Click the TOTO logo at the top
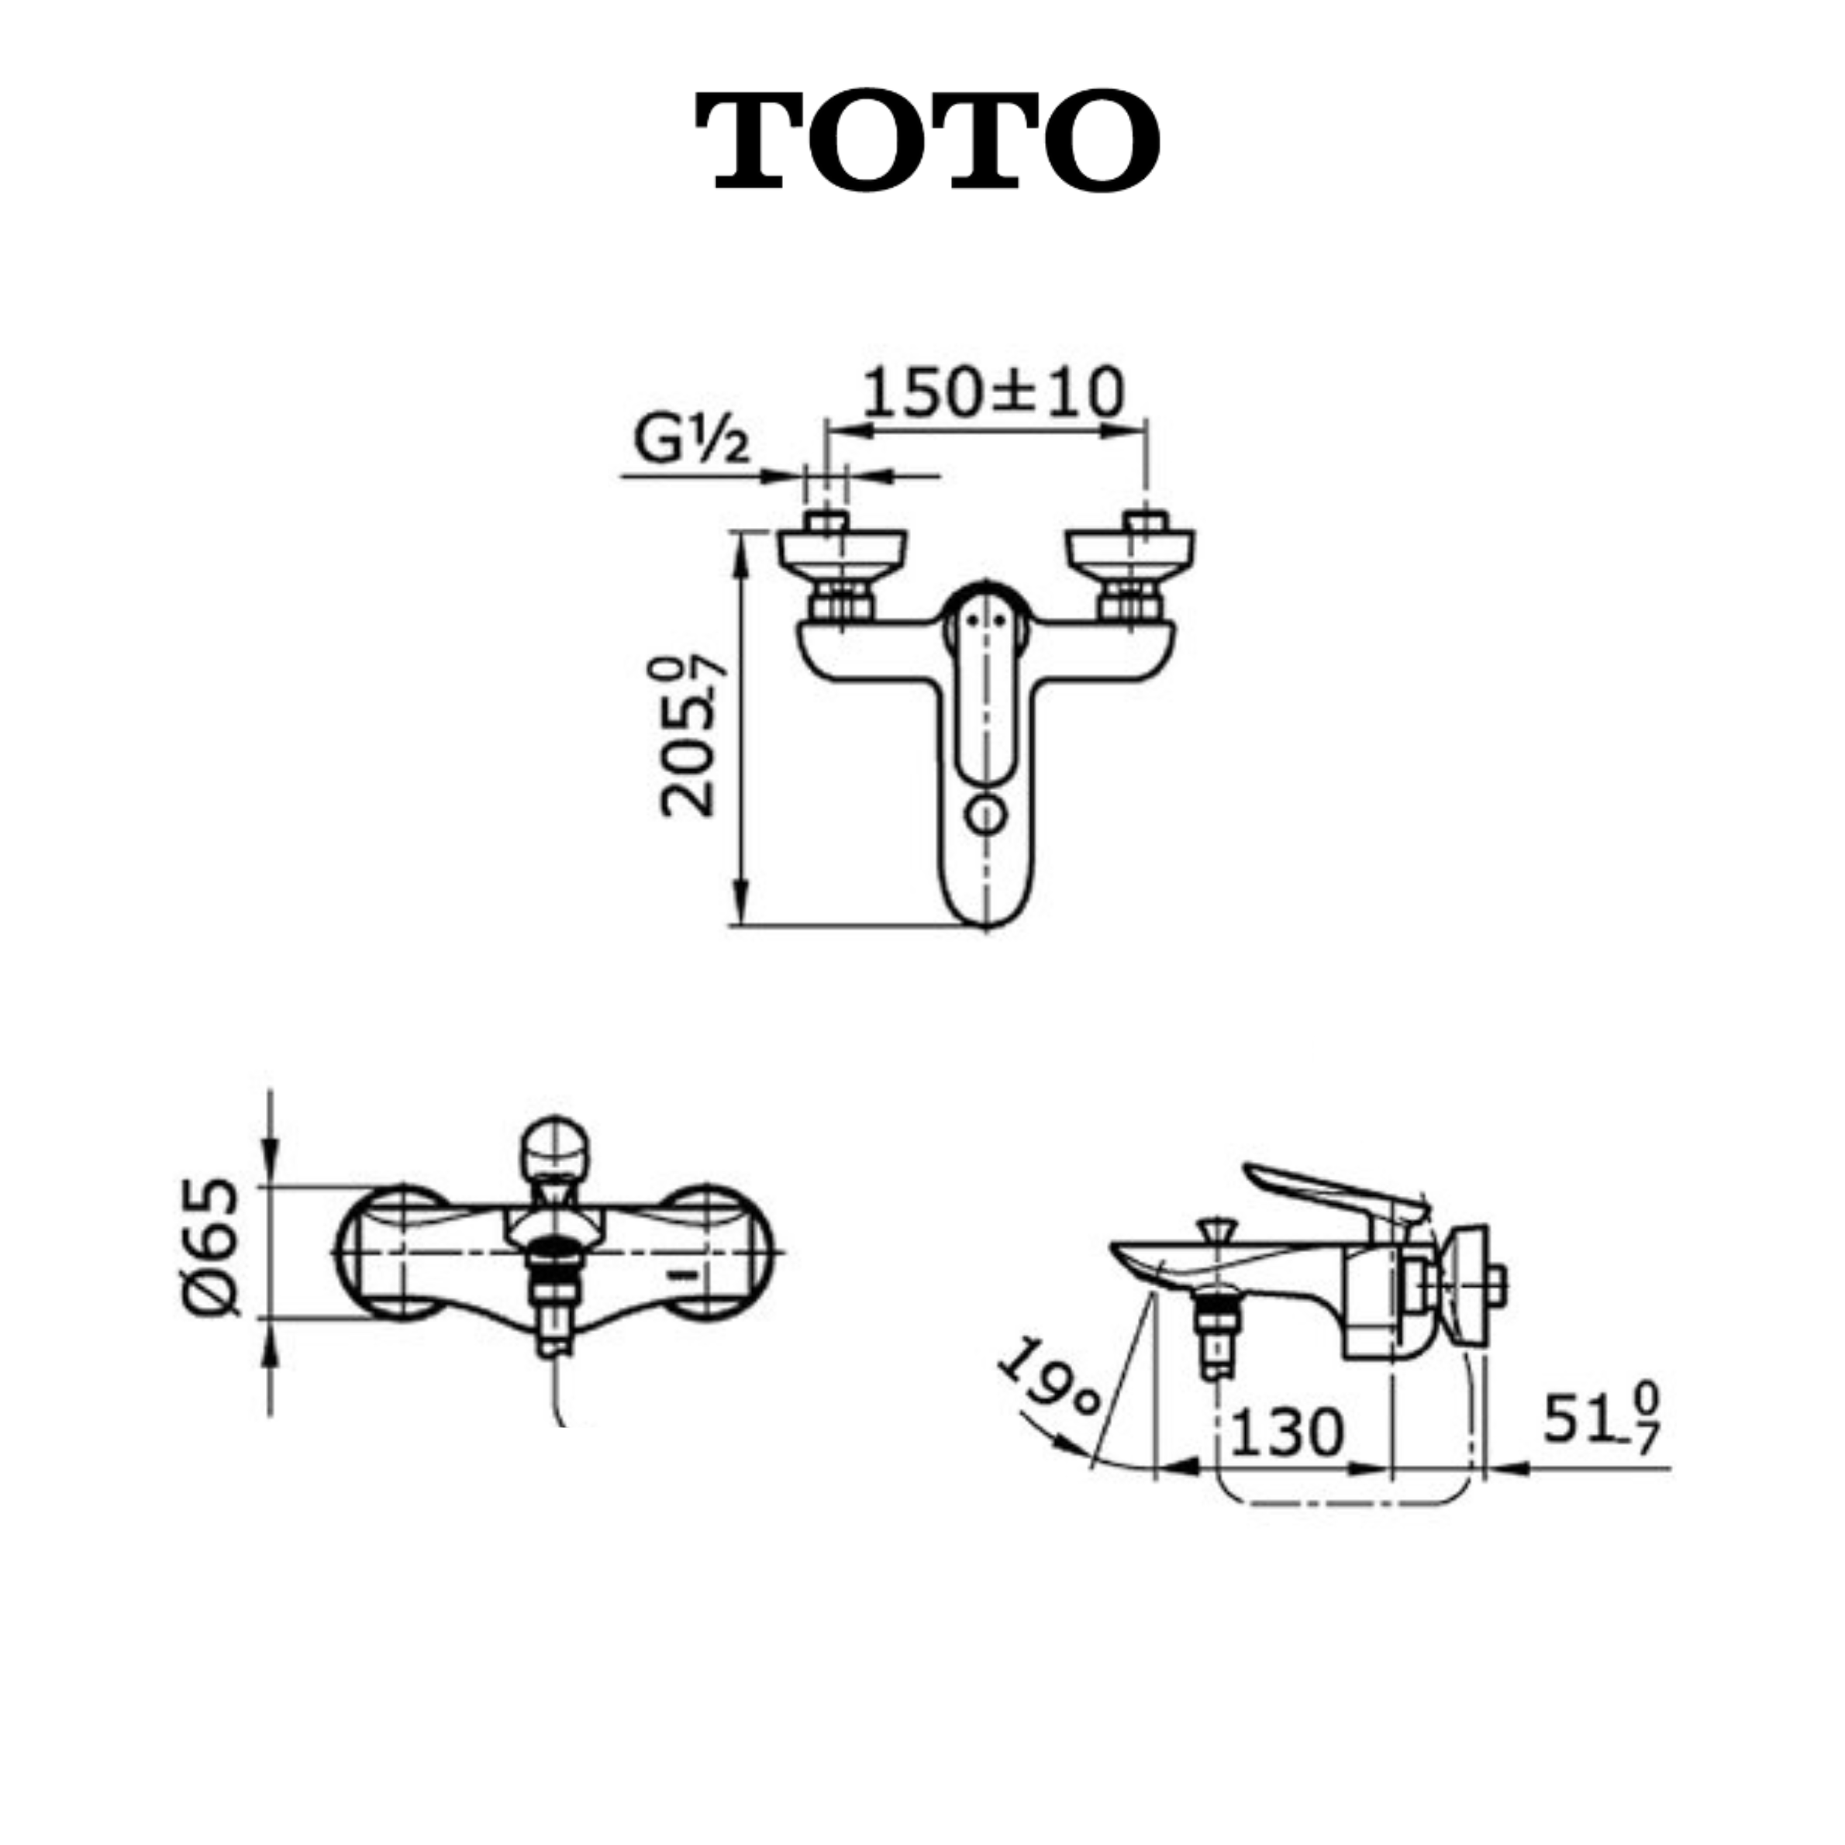coord(927,140)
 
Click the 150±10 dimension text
coord(993,391)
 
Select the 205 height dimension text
coord(689,736)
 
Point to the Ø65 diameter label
coord(211,1247)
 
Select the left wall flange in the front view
coord(841,552)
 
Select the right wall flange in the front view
coord(1132,552)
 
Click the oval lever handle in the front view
coord(985,683)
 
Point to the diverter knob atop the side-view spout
coord(1216,1226)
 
